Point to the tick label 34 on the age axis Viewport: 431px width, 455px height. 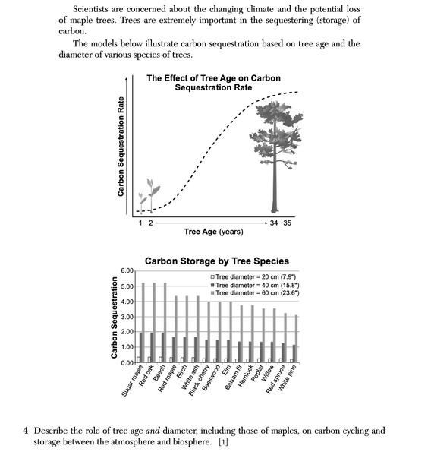274,223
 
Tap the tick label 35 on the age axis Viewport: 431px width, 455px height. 288,223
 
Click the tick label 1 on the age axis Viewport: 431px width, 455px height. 140,223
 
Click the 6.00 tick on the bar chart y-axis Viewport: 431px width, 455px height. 127,271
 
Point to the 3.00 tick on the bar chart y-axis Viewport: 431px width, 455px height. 127,317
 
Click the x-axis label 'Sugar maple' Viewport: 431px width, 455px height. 133,380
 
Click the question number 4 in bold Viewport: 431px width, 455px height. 27,430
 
